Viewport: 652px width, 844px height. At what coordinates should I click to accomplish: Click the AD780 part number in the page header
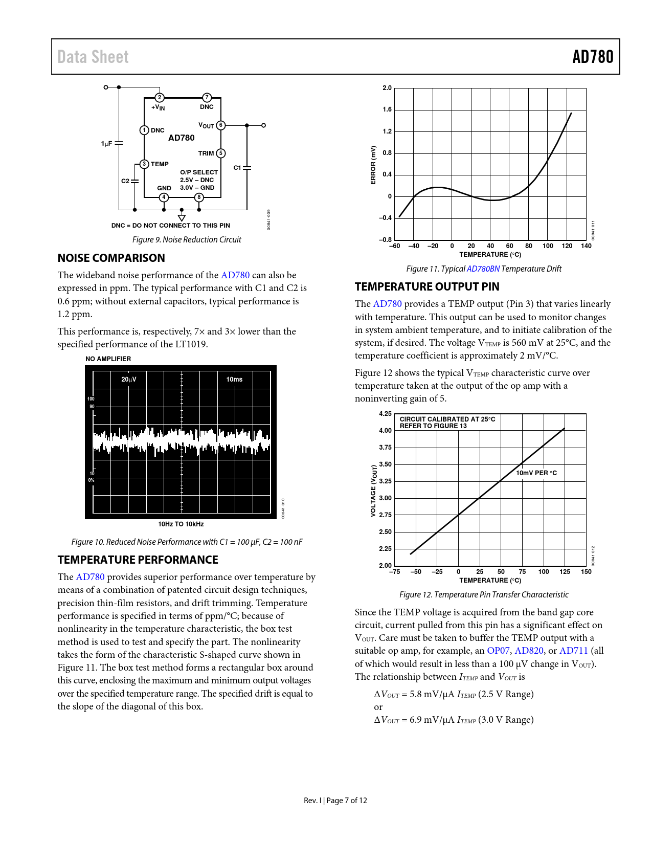(592, 57)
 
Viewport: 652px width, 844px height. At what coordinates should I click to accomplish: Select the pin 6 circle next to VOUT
(221, 125)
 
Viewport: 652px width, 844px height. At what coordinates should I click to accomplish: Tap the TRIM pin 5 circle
(221, 153)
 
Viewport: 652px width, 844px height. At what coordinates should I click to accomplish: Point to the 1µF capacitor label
(106, 144)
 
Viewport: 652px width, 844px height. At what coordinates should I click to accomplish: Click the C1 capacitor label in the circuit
(237, 168)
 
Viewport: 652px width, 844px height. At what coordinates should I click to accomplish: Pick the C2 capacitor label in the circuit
(125, 181)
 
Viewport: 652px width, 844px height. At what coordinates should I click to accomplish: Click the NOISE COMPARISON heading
(111, 258)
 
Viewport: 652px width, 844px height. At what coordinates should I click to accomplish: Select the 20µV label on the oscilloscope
(129, 380)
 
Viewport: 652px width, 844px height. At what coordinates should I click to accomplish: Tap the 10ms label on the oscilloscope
(234, 380)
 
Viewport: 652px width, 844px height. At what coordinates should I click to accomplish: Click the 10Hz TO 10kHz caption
(181, 524)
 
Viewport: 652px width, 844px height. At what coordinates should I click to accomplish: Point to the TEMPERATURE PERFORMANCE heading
(138, 560)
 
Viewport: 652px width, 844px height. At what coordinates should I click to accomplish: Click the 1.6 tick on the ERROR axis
(387, 109)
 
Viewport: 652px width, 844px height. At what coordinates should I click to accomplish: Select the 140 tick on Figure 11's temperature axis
(586, 246)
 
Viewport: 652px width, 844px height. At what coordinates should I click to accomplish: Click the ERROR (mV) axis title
(373, 165)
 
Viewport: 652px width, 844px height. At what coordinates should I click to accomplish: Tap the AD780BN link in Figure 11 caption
(483, 269)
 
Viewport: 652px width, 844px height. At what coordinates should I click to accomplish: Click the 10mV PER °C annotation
(536, 473)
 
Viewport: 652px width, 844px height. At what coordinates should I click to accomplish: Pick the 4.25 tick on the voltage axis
(385, 414)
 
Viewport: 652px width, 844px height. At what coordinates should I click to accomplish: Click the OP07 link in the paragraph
(498, 651)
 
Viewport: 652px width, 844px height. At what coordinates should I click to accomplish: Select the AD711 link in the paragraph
(573, 651)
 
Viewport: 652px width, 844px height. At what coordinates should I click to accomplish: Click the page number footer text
(335, 801)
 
